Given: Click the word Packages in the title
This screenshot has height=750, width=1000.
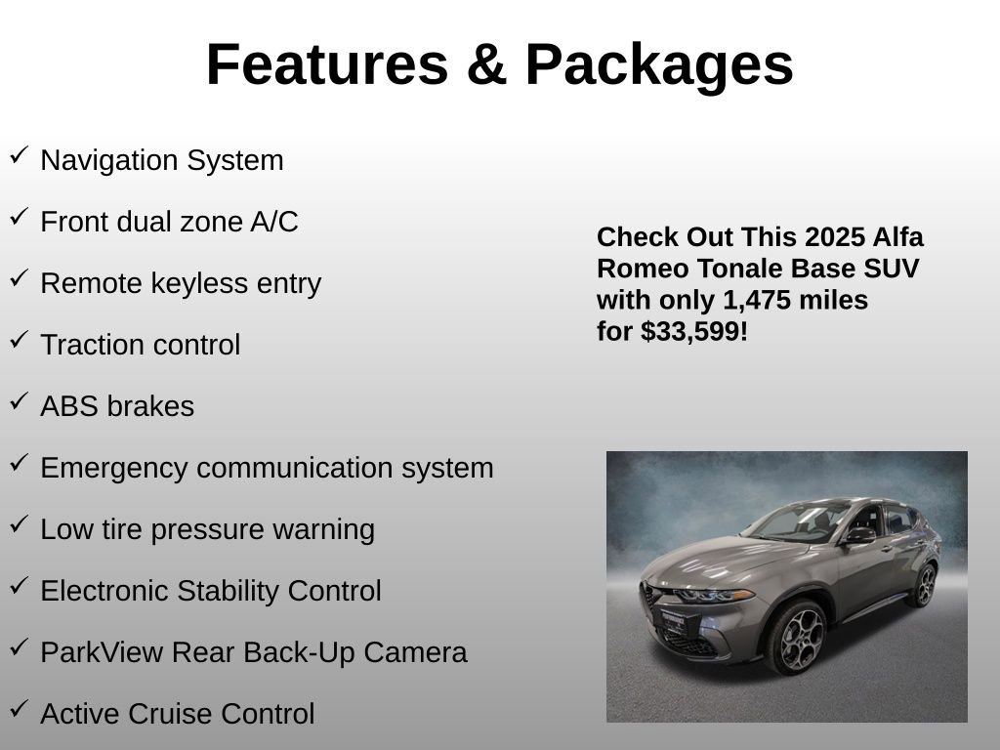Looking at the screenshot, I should click(659, 64).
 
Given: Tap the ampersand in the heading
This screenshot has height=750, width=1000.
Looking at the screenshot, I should click(486, 64).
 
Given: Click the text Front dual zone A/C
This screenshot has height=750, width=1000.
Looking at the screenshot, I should click(169, 222).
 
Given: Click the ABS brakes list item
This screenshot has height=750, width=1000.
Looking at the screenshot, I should click(117, 406).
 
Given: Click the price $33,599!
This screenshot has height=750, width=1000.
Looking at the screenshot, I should click(694, 331).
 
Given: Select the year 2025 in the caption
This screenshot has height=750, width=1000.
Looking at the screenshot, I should click(835, 237).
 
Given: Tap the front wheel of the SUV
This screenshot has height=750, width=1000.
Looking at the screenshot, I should click(796, 638).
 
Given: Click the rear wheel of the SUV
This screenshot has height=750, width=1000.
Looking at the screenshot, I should click(921, 585).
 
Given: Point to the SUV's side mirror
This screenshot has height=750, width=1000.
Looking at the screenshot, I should click(859, 535).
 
